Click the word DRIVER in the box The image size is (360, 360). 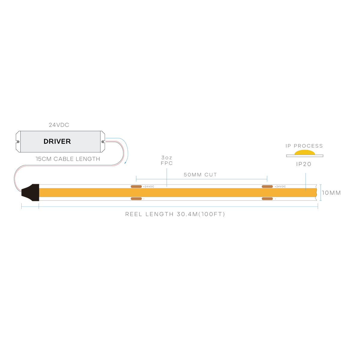[x=57, y=141]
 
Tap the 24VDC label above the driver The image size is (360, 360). [x=59, y=125]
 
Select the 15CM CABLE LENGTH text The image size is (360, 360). [x=68, y=159]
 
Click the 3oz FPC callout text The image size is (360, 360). [x=166, y=160]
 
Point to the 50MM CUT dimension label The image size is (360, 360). [x=200, y=175]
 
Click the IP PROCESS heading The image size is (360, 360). [x=304, y=146]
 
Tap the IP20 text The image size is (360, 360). [x=304, y=164]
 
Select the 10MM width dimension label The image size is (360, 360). [x=331, y=193]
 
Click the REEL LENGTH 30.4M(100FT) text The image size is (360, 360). [x=175, y=214]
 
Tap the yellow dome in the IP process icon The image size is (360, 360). [x=305, y=152]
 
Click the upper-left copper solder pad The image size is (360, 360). [x=136, y=186]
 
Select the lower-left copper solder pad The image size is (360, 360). [x=136, y=199]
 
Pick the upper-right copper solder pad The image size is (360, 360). [x=267, y=186]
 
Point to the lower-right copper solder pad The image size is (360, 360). [x=267, y=199]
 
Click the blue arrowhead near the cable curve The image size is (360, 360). [x=125, y=163]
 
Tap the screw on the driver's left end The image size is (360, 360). [x=18, y=142]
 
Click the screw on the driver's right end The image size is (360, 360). [x=103, y=142]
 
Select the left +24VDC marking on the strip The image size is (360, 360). [x=148, y=187]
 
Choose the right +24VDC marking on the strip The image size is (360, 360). [x=280, y=187]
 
